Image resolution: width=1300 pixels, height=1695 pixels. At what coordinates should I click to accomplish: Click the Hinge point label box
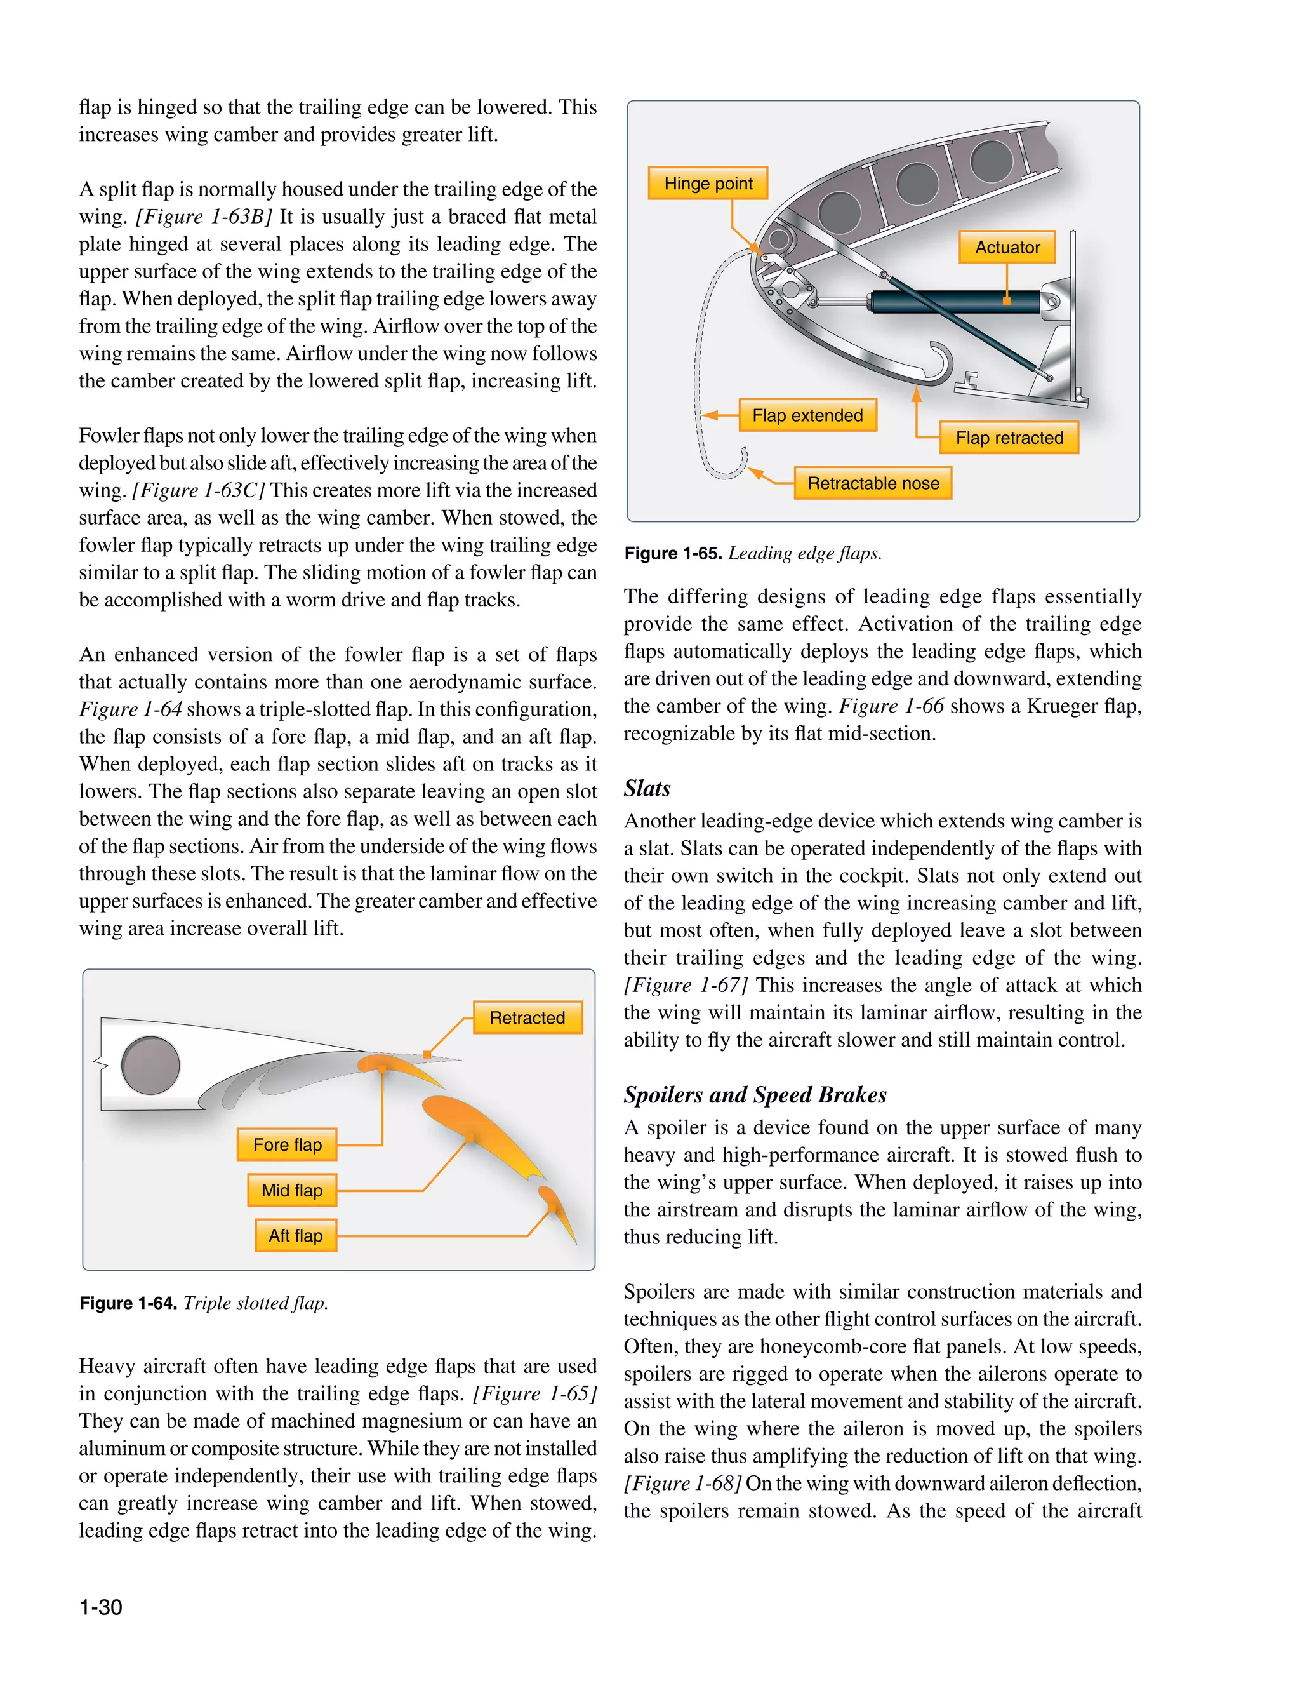click(707, 184)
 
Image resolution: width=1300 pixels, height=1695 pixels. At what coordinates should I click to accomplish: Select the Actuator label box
click(1007, 248)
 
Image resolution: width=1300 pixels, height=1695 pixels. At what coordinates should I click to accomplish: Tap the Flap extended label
click(807, 415)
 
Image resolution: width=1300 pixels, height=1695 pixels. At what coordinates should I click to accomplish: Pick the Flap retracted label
click(1009, 438)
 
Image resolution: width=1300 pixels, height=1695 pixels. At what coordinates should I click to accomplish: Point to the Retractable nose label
click(873, 484)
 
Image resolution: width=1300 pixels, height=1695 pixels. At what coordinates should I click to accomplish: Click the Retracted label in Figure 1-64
click(527, 1018)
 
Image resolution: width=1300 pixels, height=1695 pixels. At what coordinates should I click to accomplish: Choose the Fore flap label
click(287, 1144)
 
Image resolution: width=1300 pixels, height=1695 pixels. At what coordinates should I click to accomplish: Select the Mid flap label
click(292, 1190)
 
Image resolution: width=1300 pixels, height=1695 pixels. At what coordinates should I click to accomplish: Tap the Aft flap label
click(296, 1236)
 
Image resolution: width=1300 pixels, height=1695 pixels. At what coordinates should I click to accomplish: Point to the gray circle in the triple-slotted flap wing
click(151, 1066)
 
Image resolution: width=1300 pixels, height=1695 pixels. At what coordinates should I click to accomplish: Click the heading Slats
click(647, 789)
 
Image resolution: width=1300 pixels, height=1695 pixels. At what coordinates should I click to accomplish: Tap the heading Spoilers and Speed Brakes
click(755, 1095)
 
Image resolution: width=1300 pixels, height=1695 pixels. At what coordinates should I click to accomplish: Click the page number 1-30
click(100, 1607)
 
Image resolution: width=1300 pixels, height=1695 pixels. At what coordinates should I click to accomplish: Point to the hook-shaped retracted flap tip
click(939, 364)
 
